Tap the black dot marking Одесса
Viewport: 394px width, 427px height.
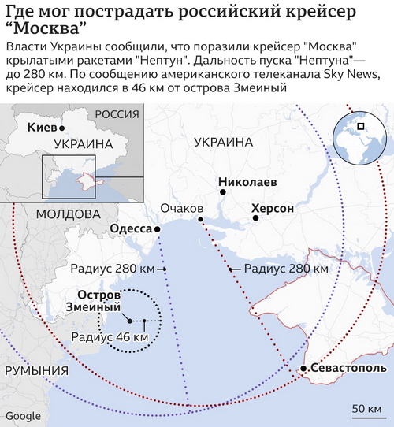point(158,229)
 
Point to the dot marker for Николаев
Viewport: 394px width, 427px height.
point(223,191)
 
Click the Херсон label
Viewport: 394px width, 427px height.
point(273,210)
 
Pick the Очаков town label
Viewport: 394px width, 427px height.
point(181,209)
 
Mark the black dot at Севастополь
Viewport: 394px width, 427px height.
point(303,369)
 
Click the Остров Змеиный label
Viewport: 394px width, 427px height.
point(93,300)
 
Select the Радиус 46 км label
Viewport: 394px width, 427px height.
point(110,336)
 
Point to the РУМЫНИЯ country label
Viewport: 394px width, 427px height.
point(32,371)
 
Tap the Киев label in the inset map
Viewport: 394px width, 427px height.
point(41,127)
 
